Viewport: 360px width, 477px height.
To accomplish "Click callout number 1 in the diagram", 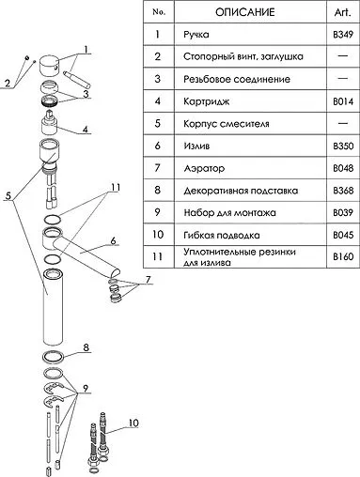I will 86,49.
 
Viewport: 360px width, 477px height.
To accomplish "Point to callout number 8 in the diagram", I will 86,348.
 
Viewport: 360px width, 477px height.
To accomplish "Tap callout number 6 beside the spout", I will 114,241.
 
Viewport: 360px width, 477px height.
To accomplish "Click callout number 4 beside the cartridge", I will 86,130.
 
